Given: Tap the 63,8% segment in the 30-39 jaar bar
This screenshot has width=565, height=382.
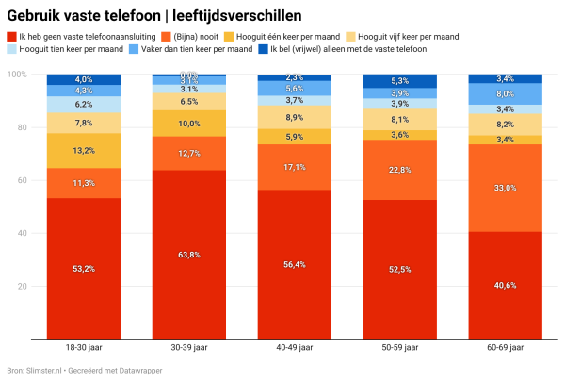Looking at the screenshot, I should (189, 254).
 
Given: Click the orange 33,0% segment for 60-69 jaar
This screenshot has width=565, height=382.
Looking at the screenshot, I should (506, 188).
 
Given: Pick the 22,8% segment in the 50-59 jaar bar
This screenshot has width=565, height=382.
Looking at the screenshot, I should (400, 170).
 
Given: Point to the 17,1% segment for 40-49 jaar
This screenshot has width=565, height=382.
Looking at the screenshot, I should (295, 167).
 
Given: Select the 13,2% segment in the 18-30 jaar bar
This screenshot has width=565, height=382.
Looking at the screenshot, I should (84, 151).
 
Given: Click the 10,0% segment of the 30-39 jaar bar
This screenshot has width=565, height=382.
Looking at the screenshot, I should (189, 124).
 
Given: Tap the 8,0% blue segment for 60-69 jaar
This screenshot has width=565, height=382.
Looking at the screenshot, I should (506, 93).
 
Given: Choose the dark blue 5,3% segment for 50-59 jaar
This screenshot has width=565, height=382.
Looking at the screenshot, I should (400, 81).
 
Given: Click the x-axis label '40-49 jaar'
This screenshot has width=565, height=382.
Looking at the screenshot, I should (295, 347).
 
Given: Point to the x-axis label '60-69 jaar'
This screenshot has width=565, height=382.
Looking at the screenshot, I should (506, 347).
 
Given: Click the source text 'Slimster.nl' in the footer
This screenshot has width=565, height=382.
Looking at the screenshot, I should (44, 370).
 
